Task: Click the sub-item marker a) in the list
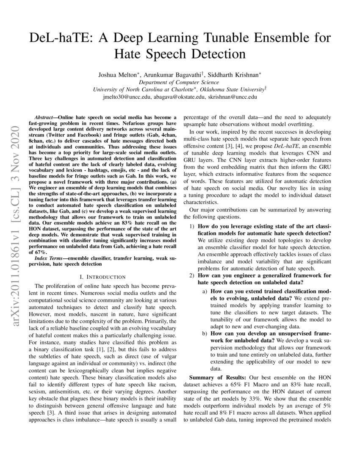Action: (205, 292)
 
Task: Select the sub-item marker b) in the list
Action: (205, 334)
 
